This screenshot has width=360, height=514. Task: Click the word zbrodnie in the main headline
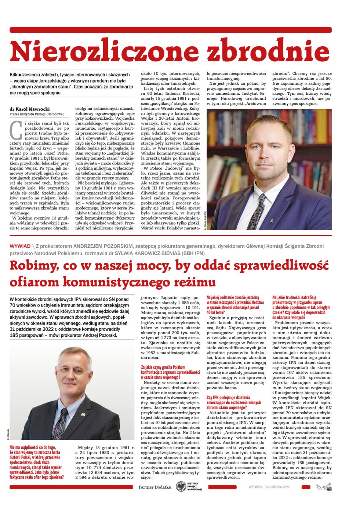268,51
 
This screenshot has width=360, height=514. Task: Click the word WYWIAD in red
20,246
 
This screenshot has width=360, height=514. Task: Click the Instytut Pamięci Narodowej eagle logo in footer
181,487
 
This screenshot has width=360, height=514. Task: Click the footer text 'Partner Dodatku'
155,487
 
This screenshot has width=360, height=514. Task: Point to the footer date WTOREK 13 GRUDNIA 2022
269,487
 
